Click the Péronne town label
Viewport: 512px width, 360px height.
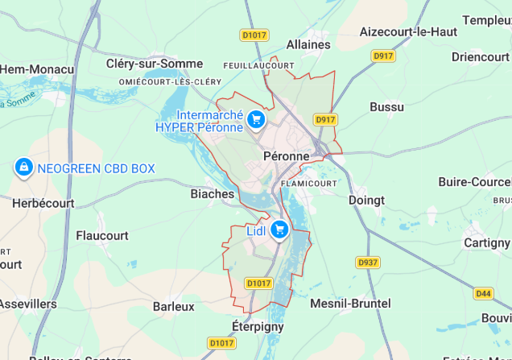286,156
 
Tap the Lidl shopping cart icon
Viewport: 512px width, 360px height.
279,230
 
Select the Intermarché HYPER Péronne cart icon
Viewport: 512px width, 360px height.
256,120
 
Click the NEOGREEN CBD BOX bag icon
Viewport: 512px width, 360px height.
23,168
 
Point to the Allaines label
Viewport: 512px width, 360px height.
308,44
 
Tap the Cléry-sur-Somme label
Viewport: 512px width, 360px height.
155,63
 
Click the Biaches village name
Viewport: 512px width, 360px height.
212,193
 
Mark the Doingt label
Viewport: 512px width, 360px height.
367,200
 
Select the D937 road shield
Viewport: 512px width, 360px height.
367,263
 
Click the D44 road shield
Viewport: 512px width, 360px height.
483,294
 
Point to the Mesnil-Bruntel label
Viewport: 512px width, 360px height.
350,304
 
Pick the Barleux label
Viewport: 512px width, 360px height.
174,306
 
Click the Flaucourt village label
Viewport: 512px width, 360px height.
101,236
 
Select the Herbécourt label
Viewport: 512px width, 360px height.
43,203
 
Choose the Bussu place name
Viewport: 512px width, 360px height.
386,106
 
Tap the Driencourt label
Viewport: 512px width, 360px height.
481,57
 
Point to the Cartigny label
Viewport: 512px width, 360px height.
487,242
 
